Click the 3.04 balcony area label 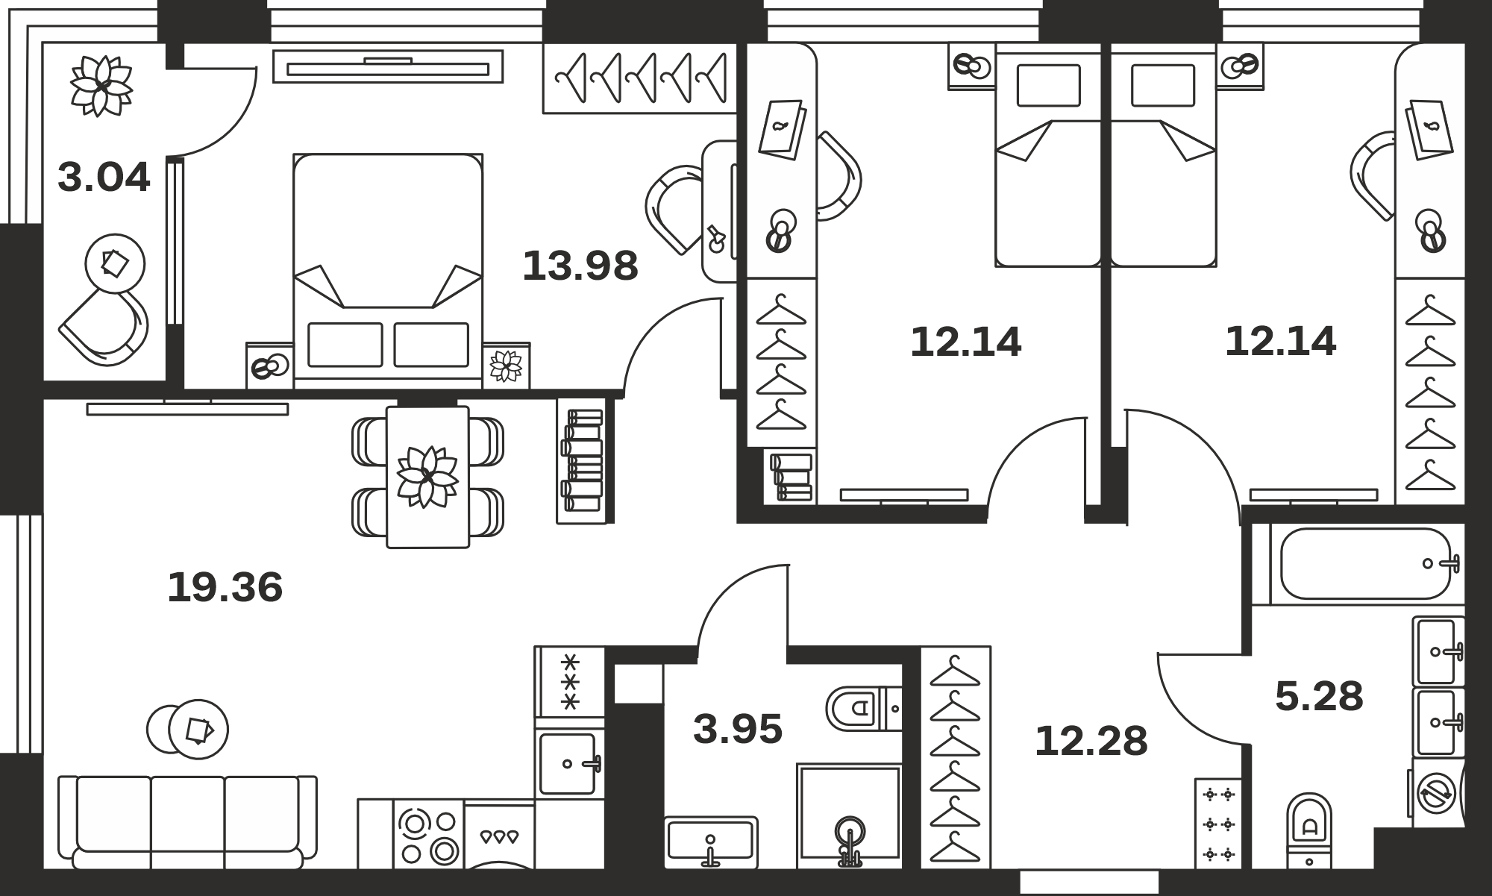point(104,178)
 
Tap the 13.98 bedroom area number point(580,266)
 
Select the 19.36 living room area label point(225,586)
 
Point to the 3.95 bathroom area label point(738,729)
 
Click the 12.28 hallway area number point(1091,741)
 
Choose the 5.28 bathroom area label point(1319,696)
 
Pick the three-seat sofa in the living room point(187,822)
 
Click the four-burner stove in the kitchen point(428,835)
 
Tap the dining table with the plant point(427,477)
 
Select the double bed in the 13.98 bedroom point(388,271)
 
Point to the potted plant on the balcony point(101,85)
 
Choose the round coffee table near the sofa point(188,729)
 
